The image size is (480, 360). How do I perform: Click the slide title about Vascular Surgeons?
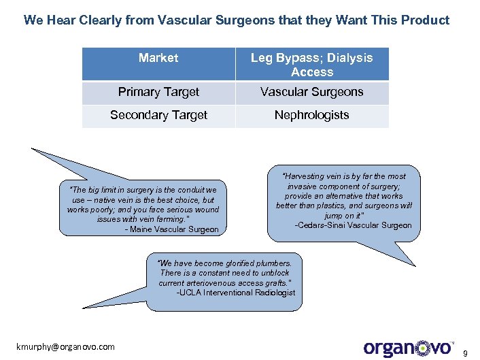pos(236,20)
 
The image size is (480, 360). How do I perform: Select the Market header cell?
pos(158,58)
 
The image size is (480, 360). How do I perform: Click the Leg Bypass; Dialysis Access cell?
pos(312,65)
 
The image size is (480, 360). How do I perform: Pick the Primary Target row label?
pos(158,92)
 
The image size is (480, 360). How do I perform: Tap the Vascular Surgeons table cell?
pos(312,92)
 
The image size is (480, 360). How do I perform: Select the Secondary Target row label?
pos(158,115)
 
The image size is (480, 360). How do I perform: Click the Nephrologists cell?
pos(312,115)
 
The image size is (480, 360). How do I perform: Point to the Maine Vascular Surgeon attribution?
pos(172,229)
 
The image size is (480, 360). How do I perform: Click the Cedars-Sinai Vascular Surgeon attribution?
pos(353,225)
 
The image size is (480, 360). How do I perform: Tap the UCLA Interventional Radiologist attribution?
pos(236,293)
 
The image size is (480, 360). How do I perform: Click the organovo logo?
pos(408,348)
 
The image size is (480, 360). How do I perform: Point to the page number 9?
pos(466,353)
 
